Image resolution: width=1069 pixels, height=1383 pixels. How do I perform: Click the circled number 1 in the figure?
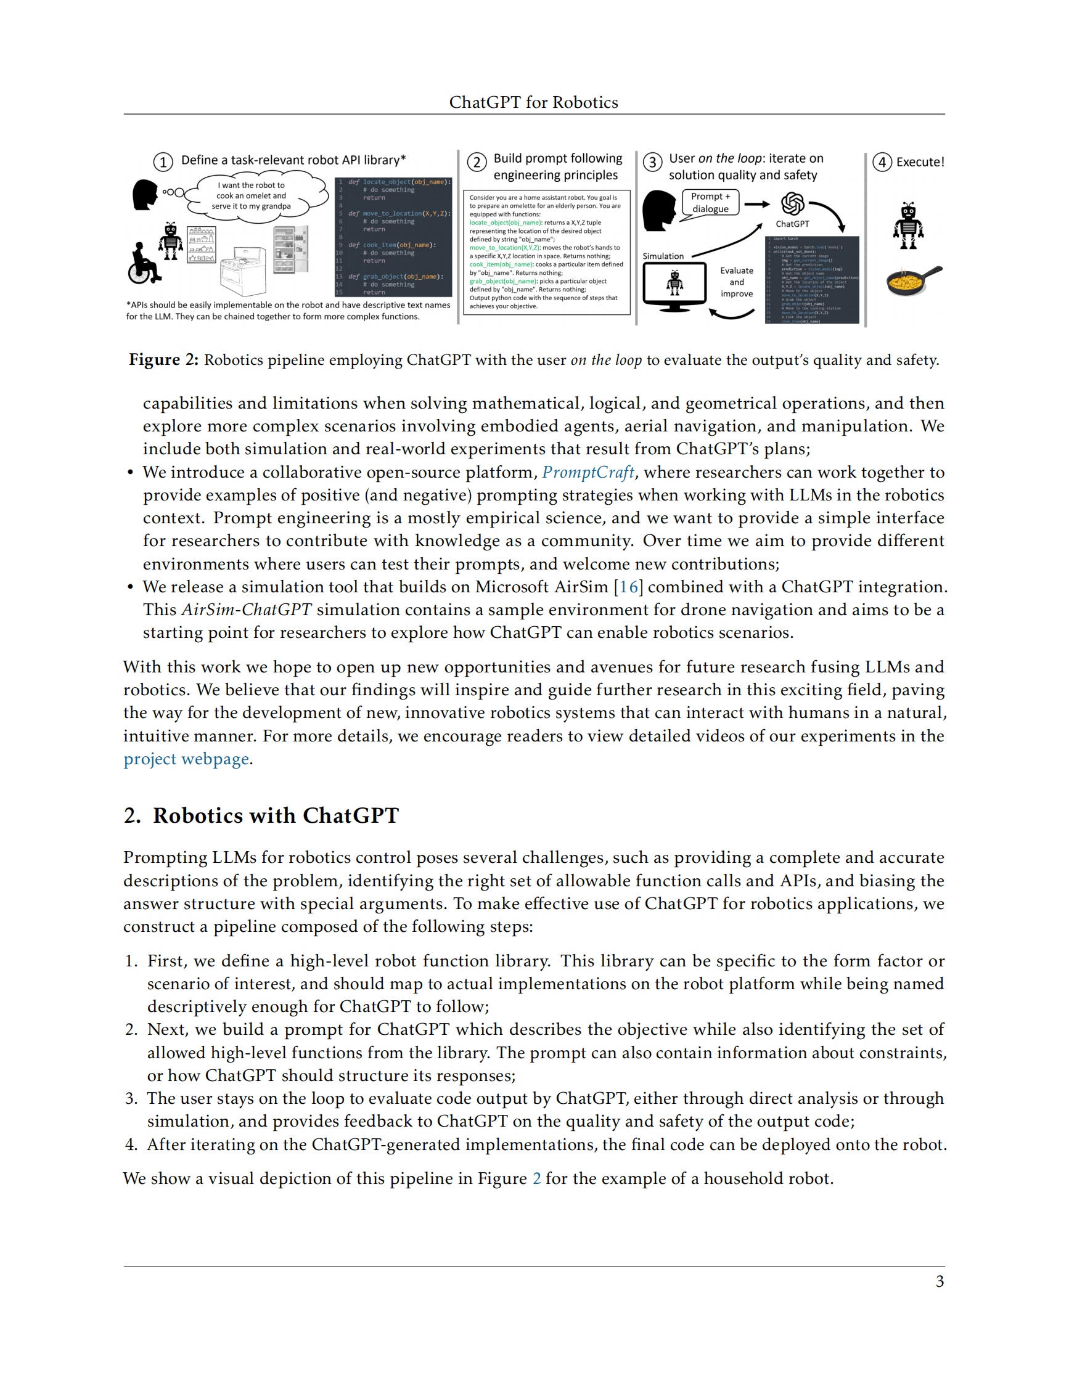click(x=163, y=162)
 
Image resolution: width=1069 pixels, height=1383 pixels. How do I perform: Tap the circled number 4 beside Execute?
click(x=882, y=162)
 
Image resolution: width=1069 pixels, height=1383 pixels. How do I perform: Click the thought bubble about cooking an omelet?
click(x=253, y=195)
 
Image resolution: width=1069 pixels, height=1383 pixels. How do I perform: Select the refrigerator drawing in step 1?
click(x=292, y=250)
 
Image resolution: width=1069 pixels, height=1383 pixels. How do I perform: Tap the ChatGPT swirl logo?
click(x=792, y=204)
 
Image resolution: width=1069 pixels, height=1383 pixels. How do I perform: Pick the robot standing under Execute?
click(x=908, y=226)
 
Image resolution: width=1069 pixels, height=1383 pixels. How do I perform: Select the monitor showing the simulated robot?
click(x=674, y=285)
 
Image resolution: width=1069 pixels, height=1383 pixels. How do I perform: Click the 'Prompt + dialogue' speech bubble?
click(x=711, y=203)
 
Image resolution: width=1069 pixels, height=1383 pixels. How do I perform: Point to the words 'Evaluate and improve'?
click(x=737, y=282)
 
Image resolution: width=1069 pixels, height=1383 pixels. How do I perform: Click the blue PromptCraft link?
click(x=588, y=472)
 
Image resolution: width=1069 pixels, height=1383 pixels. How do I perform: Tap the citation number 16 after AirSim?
click(x=628, y=587)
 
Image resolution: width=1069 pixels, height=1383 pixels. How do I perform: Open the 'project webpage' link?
click(x=186, y=759)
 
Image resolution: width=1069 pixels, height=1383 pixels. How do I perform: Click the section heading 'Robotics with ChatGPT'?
click(x=276, y=815)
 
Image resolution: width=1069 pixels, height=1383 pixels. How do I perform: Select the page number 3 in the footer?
click(x=939, y=1282)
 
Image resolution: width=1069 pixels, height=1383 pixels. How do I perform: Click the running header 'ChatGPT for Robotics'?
click(x=533, y=102)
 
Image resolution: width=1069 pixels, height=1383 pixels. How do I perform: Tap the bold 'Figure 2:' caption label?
click(x=163, y=361)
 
